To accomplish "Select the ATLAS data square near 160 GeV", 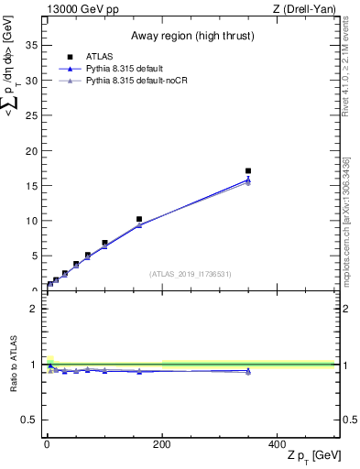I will pyautogui.click(x=139, y=219).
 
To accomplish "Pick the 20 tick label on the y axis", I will pyautogui.click(x=34, y=150).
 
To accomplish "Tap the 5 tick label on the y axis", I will pyautogui.click(x=37, y=256).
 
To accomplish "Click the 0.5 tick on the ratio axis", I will pyautogui.click(x=31, y=420).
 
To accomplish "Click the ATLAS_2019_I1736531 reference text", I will pyautogui.click(x=191, y=274).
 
